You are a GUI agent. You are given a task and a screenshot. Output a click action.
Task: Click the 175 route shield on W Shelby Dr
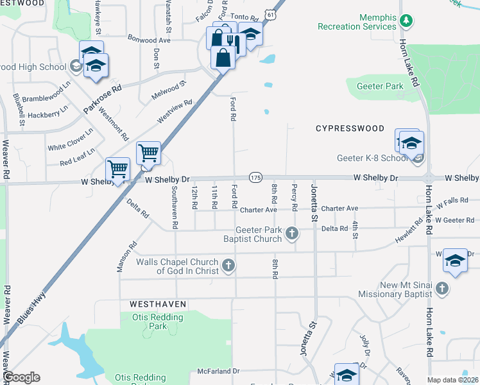[255, 177]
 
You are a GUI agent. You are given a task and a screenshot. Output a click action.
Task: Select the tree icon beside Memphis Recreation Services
[406, 21]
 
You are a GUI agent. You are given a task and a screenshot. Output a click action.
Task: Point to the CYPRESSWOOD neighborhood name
[350, 128]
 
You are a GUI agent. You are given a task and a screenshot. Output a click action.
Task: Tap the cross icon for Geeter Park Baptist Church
[293, 233]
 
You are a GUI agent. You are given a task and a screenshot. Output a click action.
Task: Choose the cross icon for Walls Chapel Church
[228, 265]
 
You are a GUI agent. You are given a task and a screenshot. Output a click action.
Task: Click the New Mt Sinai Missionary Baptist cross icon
[441, 289]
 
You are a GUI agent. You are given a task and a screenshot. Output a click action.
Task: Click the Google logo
[21, 377]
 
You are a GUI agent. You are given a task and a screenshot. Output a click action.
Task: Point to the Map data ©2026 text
[452, 380]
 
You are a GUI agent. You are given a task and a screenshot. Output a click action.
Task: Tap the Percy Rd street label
[294, 198]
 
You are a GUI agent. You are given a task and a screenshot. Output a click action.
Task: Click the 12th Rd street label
[194, 198]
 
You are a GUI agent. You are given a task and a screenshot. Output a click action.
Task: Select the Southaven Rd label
[174, 207]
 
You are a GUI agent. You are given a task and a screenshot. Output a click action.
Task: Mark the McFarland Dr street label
[218, 371]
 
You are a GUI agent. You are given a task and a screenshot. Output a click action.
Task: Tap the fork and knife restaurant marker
[232, 43]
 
